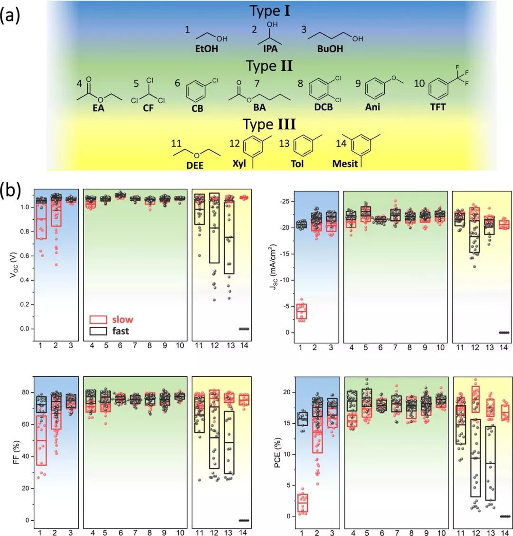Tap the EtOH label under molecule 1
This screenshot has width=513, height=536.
tap(207, 49)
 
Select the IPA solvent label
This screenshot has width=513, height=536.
tap(270, 49)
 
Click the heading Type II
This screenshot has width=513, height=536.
tap(269, 66)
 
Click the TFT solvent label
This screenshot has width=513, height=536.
tap(437, 107)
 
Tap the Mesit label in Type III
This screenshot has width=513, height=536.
tap(345, 164)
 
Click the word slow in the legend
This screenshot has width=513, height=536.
tap(122, 320)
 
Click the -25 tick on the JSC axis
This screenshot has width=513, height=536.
tap(285, 202)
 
